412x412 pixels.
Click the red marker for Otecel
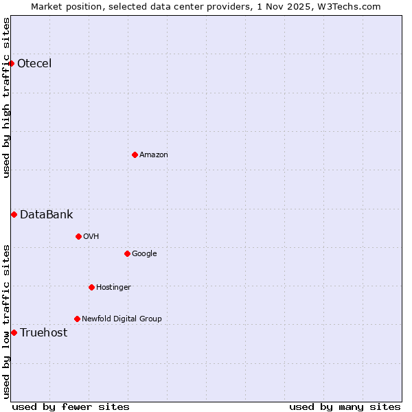pyautogui.click(x=11, y=64)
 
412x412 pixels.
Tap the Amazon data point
pyautogui.click(x=135, y=154)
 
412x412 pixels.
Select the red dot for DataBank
pyautogui.click(x=14, y=215)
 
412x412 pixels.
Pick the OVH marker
pyautogui.click(x=78, y=237)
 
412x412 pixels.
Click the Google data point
pyautogui.click(x=127, y=254)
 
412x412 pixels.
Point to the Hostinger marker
pyautogui.click(x=91, y=287)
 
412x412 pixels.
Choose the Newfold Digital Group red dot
pyautogui.click(x=77, y=319)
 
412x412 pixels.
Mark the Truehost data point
pyautogui.click(x=14, y=333)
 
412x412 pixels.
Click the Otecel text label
pyautogui.click(x=34, y=64)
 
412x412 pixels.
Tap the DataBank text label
pyautogui.click(x=46, y=215)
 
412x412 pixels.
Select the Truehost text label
pyautogui.click(x=43, y=333)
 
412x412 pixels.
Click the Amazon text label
pyautogui.click(x=154, y=155)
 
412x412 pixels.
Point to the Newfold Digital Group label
pyautogui.click(x=122, y=319)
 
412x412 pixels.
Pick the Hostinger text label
pyautogui.click(x=113, y=287)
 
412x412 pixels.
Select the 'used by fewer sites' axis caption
pyautogui.click(x=71, y=407)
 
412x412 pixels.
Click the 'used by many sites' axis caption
pyautogui.click(x=345, y=407)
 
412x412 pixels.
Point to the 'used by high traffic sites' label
pyautogui.click(x=6, y=98)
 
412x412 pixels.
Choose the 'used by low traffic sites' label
pyautogui.click(x=6, y=321)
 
